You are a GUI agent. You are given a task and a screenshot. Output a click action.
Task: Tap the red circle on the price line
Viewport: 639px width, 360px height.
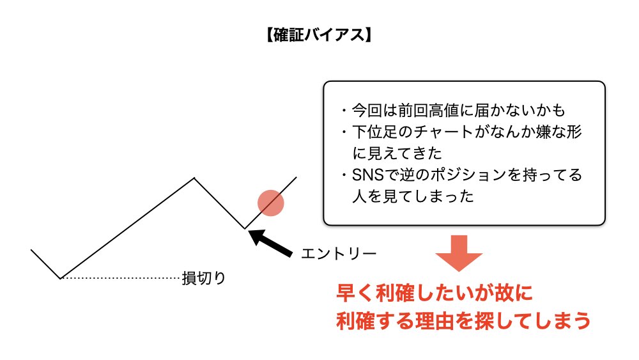click(x=270, y=203)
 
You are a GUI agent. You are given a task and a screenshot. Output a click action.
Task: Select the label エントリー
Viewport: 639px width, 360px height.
click(x=339, y=253)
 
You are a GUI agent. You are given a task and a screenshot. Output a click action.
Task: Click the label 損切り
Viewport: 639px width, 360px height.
click(x=203, y=278)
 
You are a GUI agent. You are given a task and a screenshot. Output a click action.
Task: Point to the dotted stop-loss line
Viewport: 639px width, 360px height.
click(x=121, y=278)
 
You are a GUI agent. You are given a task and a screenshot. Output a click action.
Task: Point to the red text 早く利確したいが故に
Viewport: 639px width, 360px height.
click(x=434, y=293)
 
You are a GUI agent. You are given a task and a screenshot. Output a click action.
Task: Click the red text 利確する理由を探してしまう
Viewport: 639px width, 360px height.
click(x=463, y=320)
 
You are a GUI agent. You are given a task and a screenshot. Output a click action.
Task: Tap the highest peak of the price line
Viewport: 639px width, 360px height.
click(x=194, y=178)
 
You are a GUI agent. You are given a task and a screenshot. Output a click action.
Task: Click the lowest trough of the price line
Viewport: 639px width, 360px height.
click(x=61, y=278)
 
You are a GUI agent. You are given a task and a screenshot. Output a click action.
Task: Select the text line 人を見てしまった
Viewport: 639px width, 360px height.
click(x=413, y=196)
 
